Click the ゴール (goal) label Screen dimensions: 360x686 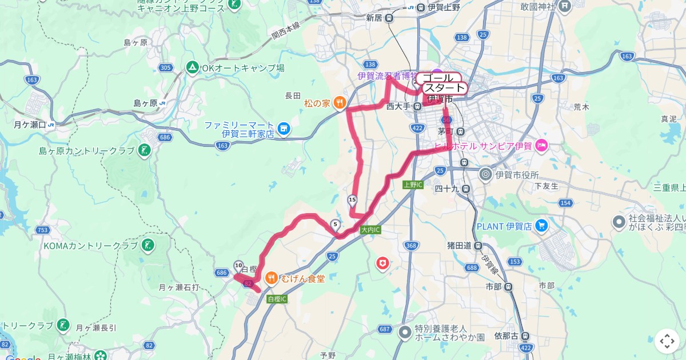point(438,78)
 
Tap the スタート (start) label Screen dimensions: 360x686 point(444,88)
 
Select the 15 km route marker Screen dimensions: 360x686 point(352,200)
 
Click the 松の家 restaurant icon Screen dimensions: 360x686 point(339,103)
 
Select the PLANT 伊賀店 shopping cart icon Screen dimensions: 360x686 point(541,226)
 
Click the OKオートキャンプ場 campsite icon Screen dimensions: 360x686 point(193,68)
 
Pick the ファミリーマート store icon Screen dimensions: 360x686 point(282,129)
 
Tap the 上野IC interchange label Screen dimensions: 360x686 point(412,185)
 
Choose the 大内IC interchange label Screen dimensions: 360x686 point(370,230)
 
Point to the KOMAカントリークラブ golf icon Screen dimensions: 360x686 point(147,246)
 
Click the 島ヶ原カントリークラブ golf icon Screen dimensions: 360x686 point(144,151)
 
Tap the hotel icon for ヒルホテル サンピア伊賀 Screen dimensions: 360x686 point(541,146)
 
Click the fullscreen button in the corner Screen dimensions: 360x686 point(667,341)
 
